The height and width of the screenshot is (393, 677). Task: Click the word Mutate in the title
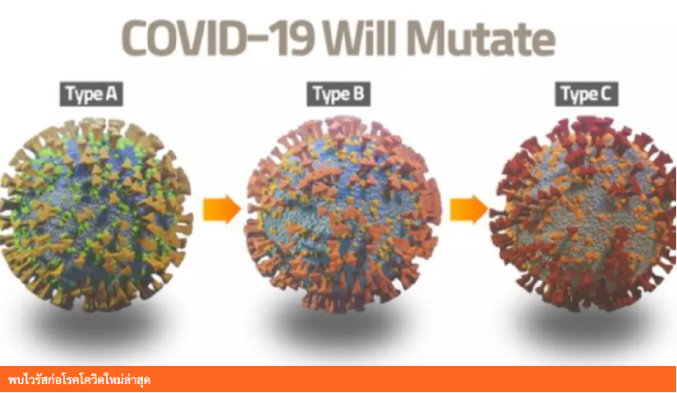tap(481, 39)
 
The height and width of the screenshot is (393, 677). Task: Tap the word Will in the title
tap(360, 39)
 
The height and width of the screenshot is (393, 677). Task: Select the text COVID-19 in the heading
tap(218, 39)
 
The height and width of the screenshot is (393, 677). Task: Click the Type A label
tap(91, 95)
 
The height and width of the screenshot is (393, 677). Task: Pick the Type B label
tap(338, 95)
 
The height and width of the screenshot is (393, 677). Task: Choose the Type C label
tap(587, 95)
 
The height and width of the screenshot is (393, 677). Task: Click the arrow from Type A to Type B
tap(222, 210)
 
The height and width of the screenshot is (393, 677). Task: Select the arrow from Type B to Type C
tap(469, 210)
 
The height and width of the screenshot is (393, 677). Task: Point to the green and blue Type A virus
tap(96, 215)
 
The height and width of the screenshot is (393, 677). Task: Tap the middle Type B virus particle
tap(343, 214)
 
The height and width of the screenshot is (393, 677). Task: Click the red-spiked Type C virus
tap(583, 214)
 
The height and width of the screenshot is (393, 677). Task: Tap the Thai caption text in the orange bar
tap(79, 380)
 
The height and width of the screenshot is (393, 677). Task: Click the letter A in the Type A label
tap(112, 93)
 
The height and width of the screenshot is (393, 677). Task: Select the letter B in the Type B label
tap(359, 93)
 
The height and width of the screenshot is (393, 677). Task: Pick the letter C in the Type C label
tap(606, 93)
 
